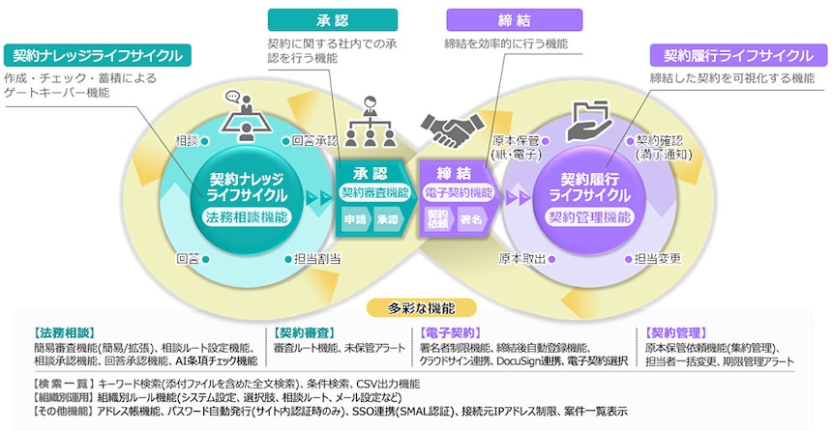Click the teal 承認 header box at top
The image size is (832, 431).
coord(333,19)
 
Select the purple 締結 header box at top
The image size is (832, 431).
coord(515,19)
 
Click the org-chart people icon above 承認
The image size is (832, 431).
coord(369,120)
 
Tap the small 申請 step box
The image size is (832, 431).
coord(356,219)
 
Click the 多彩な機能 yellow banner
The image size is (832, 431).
coord(417,308)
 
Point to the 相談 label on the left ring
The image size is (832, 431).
coord(187,141)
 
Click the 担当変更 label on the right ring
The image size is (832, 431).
coord(658,259)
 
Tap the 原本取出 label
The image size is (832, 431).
coord(523,259)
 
